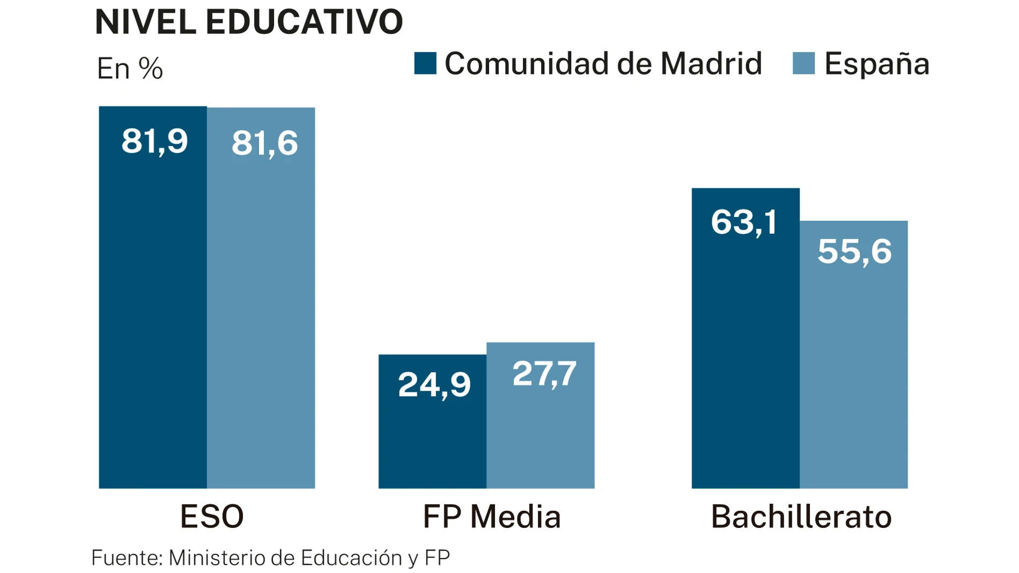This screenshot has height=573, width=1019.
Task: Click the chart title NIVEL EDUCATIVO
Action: point(248,23)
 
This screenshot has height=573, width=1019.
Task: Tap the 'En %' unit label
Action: point(130,69)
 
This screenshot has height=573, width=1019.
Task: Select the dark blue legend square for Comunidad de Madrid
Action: point(425,63)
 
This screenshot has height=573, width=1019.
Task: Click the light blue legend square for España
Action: point(803,63)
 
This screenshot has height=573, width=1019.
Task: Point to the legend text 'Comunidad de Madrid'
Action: point(603,64)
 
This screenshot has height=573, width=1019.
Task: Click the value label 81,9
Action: point(154,142)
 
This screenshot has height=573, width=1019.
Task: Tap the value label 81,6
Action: point(264,144)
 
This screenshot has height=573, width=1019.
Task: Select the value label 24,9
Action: point(434,385)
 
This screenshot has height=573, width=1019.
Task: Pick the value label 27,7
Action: point(544,374)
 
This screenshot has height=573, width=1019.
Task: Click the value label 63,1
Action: point(744,222)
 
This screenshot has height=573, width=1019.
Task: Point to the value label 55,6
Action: point(854,251)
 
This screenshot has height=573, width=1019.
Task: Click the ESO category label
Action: point(212,517)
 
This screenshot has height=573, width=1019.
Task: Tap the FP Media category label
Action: point(492,517)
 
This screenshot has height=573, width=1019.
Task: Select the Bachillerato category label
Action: point(801,517)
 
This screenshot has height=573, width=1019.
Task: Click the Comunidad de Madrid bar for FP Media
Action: point(432,440)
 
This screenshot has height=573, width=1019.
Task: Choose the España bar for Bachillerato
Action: point(854,375)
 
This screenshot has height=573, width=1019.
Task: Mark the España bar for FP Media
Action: point(541,434)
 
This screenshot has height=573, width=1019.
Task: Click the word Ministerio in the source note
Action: point(217,558)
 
